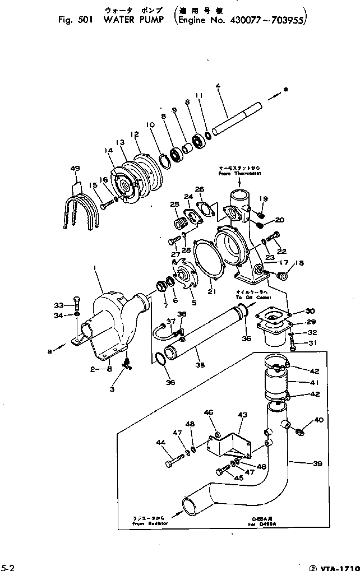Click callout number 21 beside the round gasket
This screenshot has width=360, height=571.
click(212, 292)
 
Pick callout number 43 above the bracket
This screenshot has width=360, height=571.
click(242, 415)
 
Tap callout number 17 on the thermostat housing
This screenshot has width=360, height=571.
click(284, 262)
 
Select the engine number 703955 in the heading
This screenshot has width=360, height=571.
click(287, 21)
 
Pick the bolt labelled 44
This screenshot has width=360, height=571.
click(173, 463)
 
